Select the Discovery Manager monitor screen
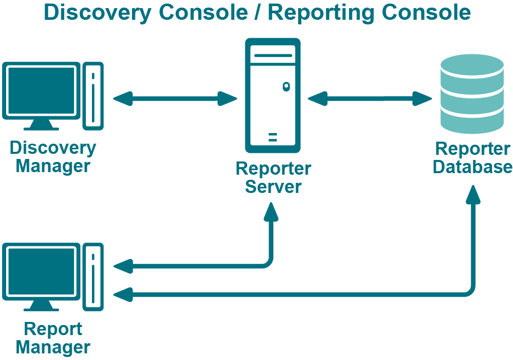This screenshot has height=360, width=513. click(x=41, y=90)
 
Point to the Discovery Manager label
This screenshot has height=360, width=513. click(x=53, y=157)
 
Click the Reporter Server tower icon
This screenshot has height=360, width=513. click(x=273, y=95)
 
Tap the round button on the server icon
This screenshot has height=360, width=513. click(x=286, y=86)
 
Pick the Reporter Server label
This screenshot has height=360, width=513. click(x=273, y=177)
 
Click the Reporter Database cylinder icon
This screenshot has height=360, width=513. click(x=472, y=94)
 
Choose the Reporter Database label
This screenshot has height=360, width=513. click(x=472, y=158)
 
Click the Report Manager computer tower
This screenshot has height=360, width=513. click(x=93, y=276)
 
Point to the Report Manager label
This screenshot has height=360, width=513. click(x=53, y=338)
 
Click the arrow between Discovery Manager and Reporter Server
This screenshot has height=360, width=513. click(x=175, y=98)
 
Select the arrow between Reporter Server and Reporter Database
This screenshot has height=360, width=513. click(x=370, y=98)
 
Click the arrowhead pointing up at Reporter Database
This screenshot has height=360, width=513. click(x=473, y=195)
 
